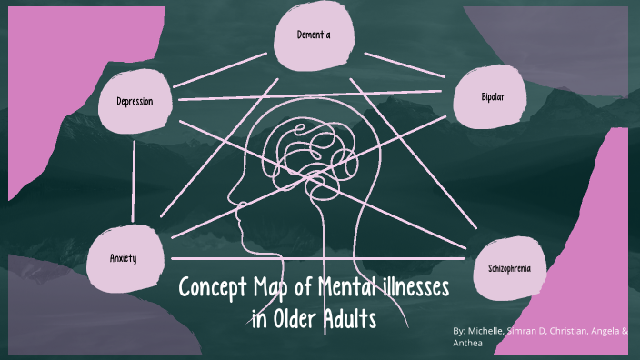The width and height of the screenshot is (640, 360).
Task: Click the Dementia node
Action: tap(313, 35)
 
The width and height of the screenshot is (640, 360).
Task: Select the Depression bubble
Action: tap(135, 101)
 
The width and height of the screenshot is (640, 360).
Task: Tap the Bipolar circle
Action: tap(492, 95)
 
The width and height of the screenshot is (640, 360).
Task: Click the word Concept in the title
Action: tap(213, 289)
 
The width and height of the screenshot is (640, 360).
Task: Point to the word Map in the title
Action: tap(275, 289)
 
